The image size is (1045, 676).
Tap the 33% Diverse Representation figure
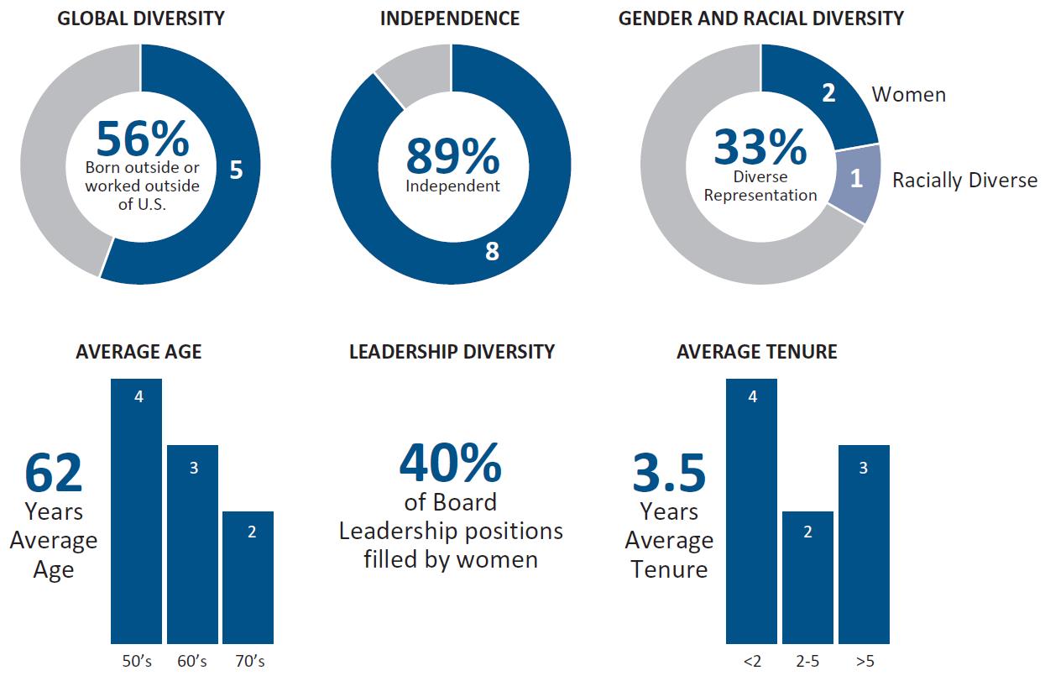760,148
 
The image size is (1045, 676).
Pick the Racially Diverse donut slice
855,181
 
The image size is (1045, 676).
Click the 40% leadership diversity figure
451,463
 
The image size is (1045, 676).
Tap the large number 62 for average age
54,473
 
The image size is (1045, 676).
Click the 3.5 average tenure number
669,473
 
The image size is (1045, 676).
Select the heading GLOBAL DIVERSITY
141,18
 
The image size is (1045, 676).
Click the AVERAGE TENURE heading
757,352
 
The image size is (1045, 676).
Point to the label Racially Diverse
964,181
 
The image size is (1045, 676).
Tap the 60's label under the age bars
192,662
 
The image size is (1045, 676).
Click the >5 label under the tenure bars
864,662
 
